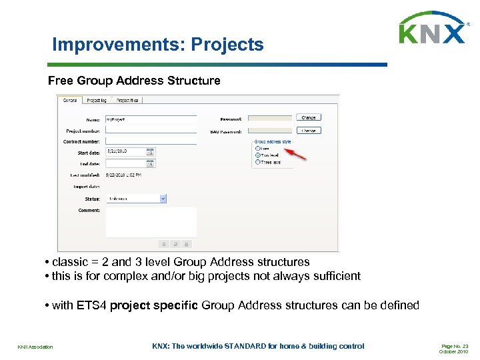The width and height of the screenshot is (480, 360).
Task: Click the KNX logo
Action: point(432,28)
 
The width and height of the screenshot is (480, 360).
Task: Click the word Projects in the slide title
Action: point(227,45)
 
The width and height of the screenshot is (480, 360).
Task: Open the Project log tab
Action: point(97,101)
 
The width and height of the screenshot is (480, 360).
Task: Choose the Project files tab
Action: point(127,101)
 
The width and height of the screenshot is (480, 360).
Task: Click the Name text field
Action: point(151,119)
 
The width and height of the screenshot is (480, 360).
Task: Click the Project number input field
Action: point(151,131)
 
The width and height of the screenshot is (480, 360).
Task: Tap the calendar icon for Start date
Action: point(150,153)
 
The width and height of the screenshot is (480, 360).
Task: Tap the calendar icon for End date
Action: point(150,163)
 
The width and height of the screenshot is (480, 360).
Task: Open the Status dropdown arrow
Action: point(163,199)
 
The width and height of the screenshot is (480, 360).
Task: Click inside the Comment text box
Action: point(151,221)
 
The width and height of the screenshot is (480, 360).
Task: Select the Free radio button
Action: point(257,148)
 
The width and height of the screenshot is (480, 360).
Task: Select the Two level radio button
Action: point(257,155)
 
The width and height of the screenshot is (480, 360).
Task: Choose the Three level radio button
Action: point(257,162)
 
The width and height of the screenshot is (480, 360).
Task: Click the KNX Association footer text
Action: point(35,347)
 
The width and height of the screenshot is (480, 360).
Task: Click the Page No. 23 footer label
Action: point(455,347)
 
